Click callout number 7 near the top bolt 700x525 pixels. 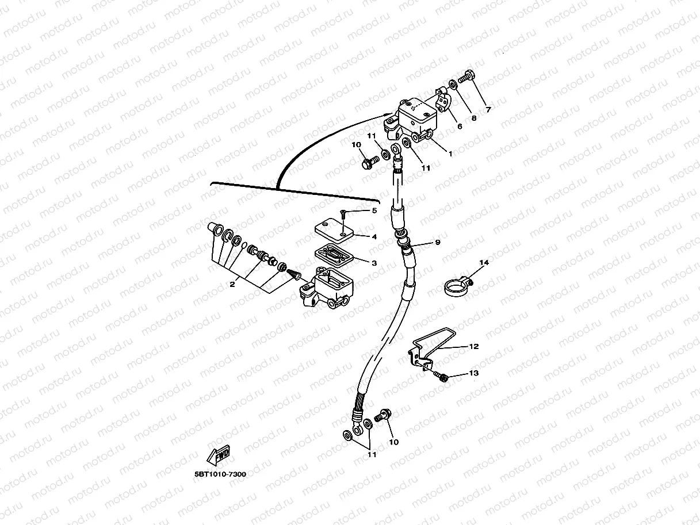(488, 109)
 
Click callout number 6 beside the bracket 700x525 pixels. (460, 127)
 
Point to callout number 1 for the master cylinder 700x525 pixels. (450, 154)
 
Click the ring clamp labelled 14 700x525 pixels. (456, 286)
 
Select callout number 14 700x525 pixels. (484, 263)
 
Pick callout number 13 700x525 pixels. (473, 373)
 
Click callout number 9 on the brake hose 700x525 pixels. (438, 243)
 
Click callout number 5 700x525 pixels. (374, 210)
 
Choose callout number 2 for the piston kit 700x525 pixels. (232, 285)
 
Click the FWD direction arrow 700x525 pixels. (220, 455)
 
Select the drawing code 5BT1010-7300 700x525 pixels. (220, 474)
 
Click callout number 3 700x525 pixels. (373, 263)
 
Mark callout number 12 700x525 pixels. (473, 347)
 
